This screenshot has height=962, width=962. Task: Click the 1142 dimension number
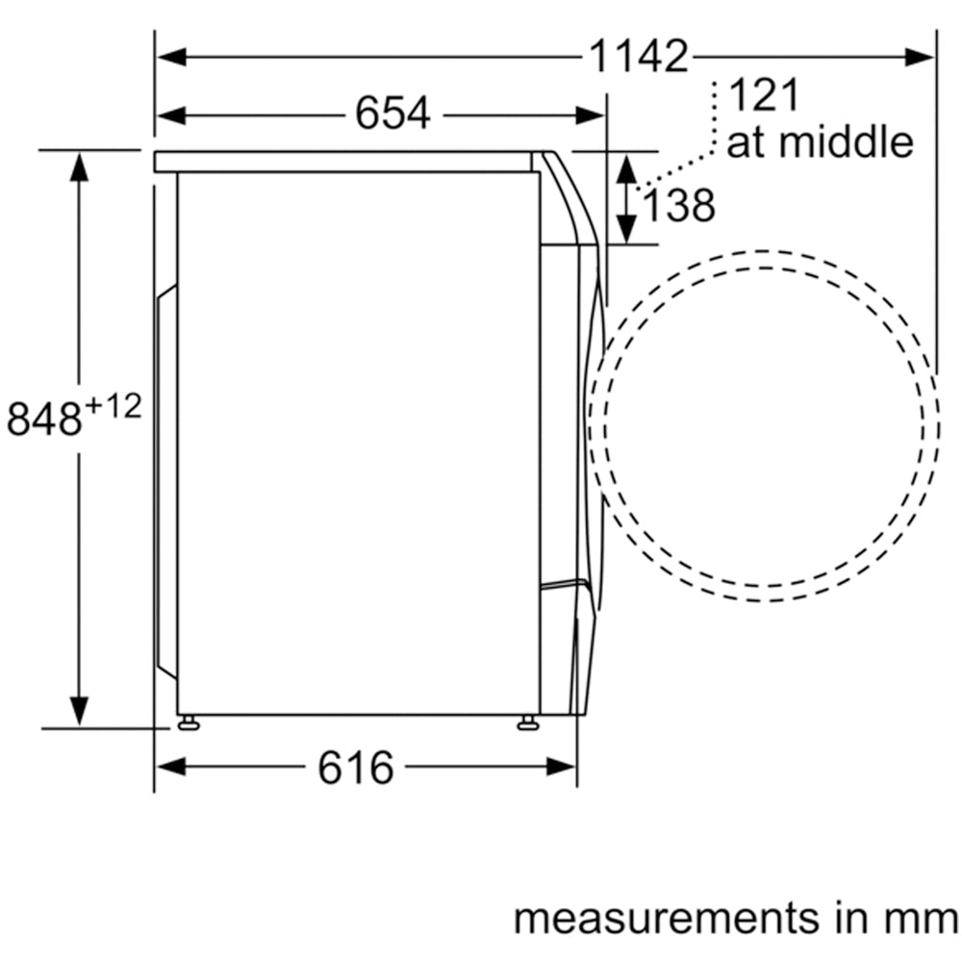(638, 57)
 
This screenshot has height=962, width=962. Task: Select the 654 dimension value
(392, 114)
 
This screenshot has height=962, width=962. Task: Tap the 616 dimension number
(355, 768)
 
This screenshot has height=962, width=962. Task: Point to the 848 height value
(44, 418)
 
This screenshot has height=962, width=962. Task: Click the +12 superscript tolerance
(114, 406)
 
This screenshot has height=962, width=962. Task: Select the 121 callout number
(765, 95)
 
